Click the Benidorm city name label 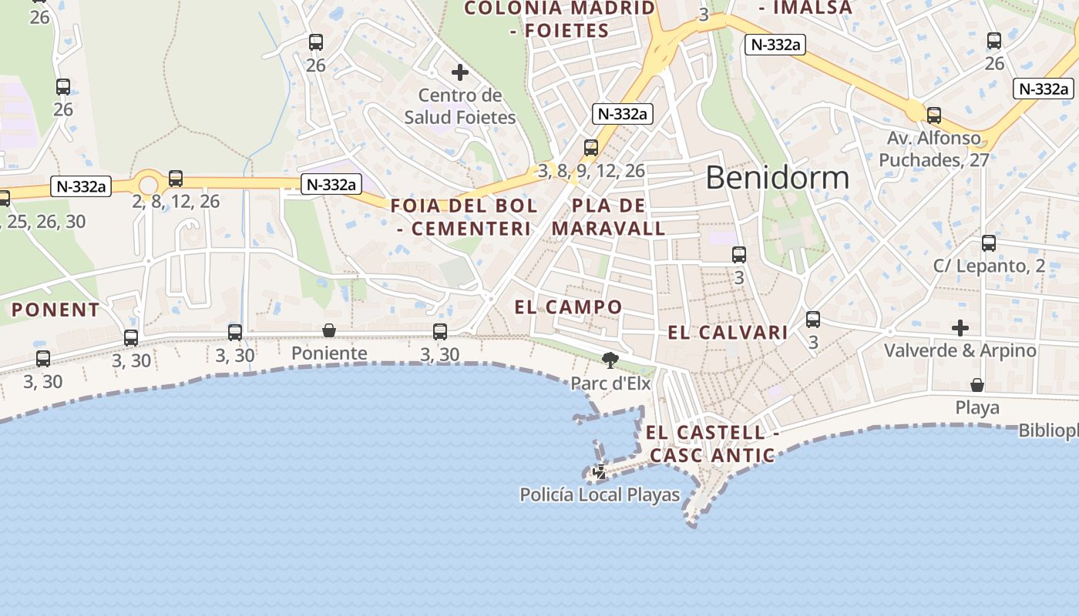777,178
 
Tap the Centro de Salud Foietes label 460,106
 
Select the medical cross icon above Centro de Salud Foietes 460,72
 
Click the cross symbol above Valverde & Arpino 960,328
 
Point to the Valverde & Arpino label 960,350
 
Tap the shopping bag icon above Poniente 329,330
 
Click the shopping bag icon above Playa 977,384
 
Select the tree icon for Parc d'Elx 610,360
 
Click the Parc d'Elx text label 610,383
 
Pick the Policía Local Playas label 600,494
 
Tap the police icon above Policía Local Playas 599,471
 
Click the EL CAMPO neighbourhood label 568,307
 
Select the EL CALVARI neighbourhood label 728,333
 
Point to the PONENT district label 55,310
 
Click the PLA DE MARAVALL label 608,217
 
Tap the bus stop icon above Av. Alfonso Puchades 934,115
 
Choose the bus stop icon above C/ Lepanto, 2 989,243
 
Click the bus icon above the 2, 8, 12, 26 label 176,179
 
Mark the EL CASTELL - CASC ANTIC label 712,444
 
